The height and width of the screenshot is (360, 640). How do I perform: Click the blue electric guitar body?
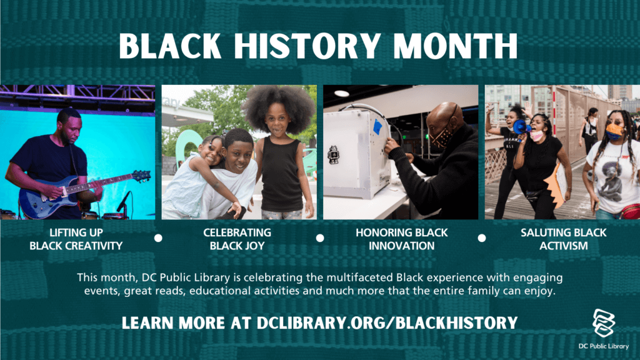(x=45, y=199)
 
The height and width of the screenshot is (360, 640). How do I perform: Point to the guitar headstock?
(x=141, y=176)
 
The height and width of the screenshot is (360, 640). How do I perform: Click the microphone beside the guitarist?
(x=123, y=202)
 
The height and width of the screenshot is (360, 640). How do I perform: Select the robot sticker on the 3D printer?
(x=334, y=155)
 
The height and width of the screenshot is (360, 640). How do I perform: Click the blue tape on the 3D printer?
(x=377, y=126)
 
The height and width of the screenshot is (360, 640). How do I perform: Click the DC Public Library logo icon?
(x=604, y=323)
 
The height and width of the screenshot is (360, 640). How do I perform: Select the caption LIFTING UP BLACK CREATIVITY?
(x=76, y=239)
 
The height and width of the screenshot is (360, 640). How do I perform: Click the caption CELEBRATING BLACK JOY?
(x=237, y=239)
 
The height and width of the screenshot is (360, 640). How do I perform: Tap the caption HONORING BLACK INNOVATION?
(x=402, y=239)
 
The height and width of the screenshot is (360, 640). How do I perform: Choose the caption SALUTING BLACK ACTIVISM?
(x=563, y=239)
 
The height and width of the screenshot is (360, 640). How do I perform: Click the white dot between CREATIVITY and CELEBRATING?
(x=158, y=238)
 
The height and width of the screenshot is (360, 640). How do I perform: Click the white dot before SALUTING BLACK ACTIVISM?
(x=482, y=238)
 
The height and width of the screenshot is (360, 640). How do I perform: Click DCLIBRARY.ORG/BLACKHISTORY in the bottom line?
(x=387, y=323)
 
